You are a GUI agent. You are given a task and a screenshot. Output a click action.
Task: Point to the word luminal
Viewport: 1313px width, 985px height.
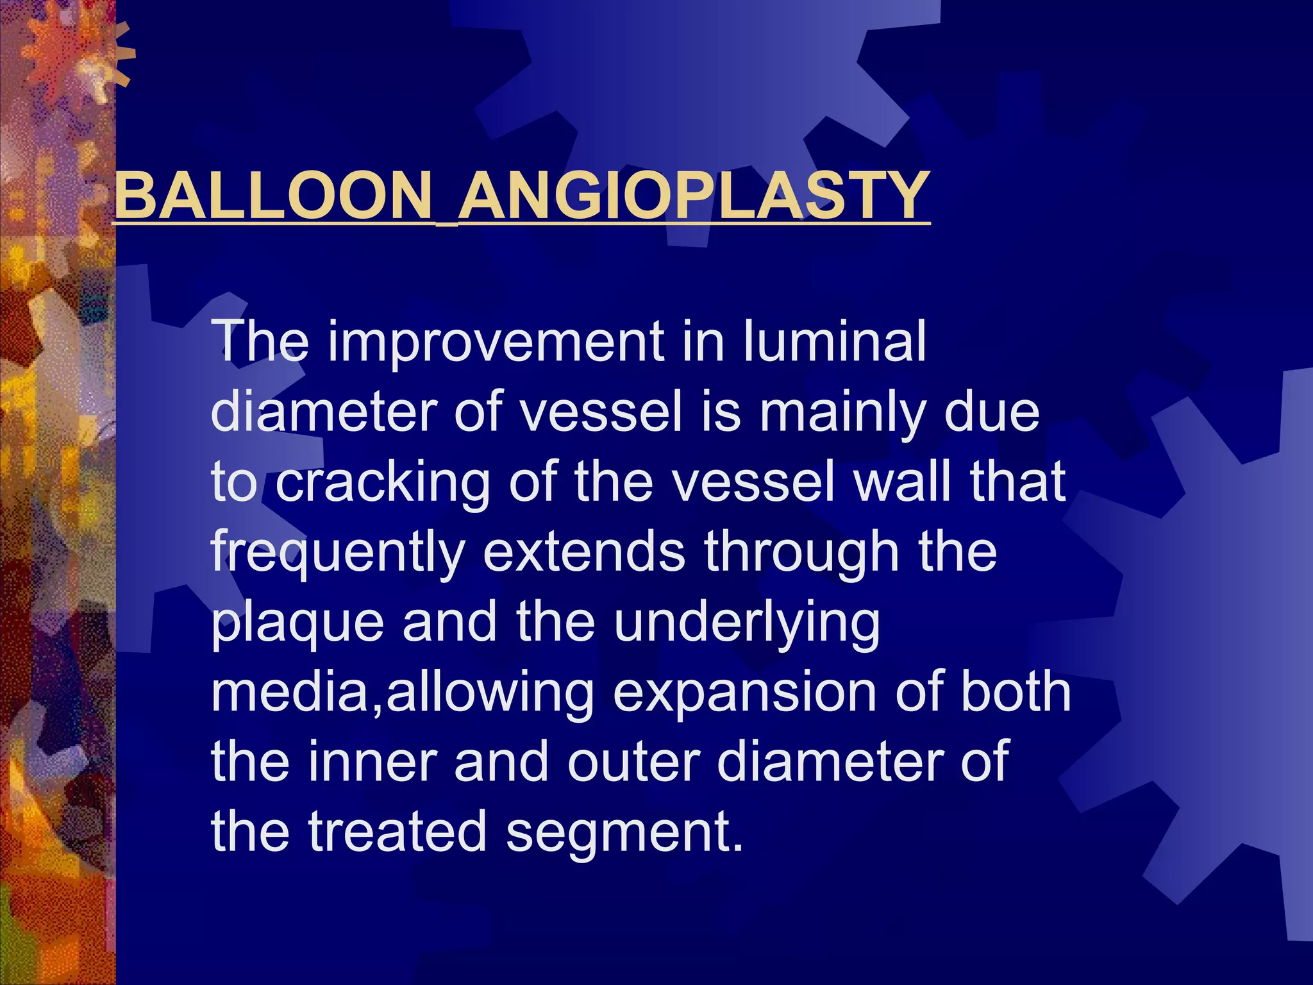[834, 341]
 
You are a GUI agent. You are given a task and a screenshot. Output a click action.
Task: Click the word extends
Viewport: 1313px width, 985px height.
[583, 552]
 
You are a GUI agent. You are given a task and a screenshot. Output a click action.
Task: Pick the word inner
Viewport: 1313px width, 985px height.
[372, 762]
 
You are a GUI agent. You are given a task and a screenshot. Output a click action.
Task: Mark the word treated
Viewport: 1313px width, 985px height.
[397, 832]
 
